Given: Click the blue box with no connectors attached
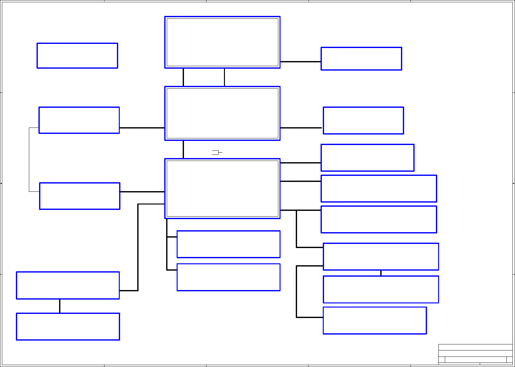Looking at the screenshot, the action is coord(77,56).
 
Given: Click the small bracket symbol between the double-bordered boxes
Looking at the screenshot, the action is coord(216,153).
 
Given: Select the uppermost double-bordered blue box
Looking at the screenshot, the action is coord(222,42).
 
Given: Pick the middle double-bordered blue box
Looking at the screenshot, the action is coord(222,113).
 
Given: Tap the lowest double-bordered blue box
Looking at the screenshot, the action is coord(222,188).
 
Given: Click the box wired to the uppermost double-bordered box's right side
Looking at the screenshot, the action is coord(361,59).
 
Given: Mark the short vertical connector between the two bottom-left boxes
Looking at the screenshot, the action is coord(60,306).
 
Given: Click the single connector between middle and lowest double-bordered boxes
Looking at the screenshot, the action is coord(183,149).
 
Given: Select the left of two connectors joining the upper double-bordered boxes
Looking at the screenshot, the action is coord(183,77).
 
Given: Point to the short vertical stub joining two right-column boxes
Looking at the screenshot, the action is coord(381,273).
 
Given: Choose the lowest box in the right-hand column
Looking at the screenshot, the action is coord(375,321).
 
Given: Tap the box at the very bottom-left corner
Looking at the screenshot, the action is coord(68,327).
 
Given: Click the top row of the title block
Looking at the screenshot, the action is coord(475,347).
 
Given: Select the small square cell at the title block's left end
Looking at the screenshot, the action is coord(442,360).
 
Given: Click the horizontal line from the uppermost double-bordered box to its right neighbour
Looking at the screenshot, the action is coord(301,62).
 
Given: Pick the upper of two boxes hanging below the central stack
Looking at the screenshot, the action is coord(228,244).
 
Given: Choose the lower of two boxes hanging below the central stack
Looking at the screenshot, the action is coord(228,277).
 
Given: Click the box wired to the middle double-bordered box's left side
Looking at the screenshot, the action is coord(79,120).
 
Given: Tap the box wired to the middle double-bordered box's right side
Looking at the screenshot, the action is coord(363,121).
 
